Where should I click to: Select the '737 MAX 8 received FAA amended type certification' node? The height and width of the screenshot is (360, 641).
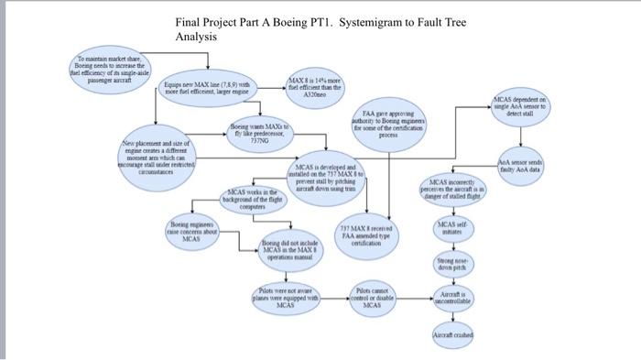(x=366, y=235)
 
